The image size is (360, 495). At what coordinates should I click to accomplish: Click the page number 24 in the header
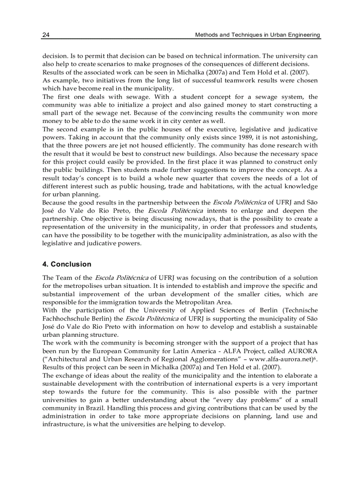coord(45,35)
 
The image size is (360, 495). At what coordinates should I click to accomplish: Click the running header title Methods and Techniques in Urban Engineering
coord(258,35)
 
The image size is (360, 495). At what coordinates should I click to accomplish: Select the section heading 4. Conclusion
coord(67,264)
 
